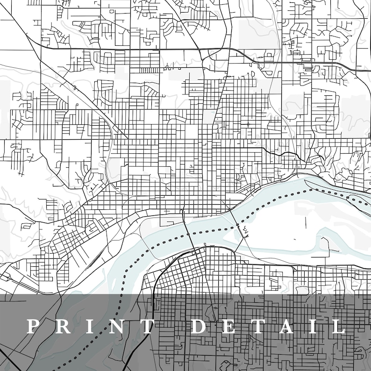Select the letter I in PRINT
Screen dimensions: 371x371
[83, 327]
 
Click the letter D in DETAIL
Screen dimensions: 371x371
[199, 327]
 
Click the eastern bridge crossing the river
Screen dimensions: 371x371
[236, 225]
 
